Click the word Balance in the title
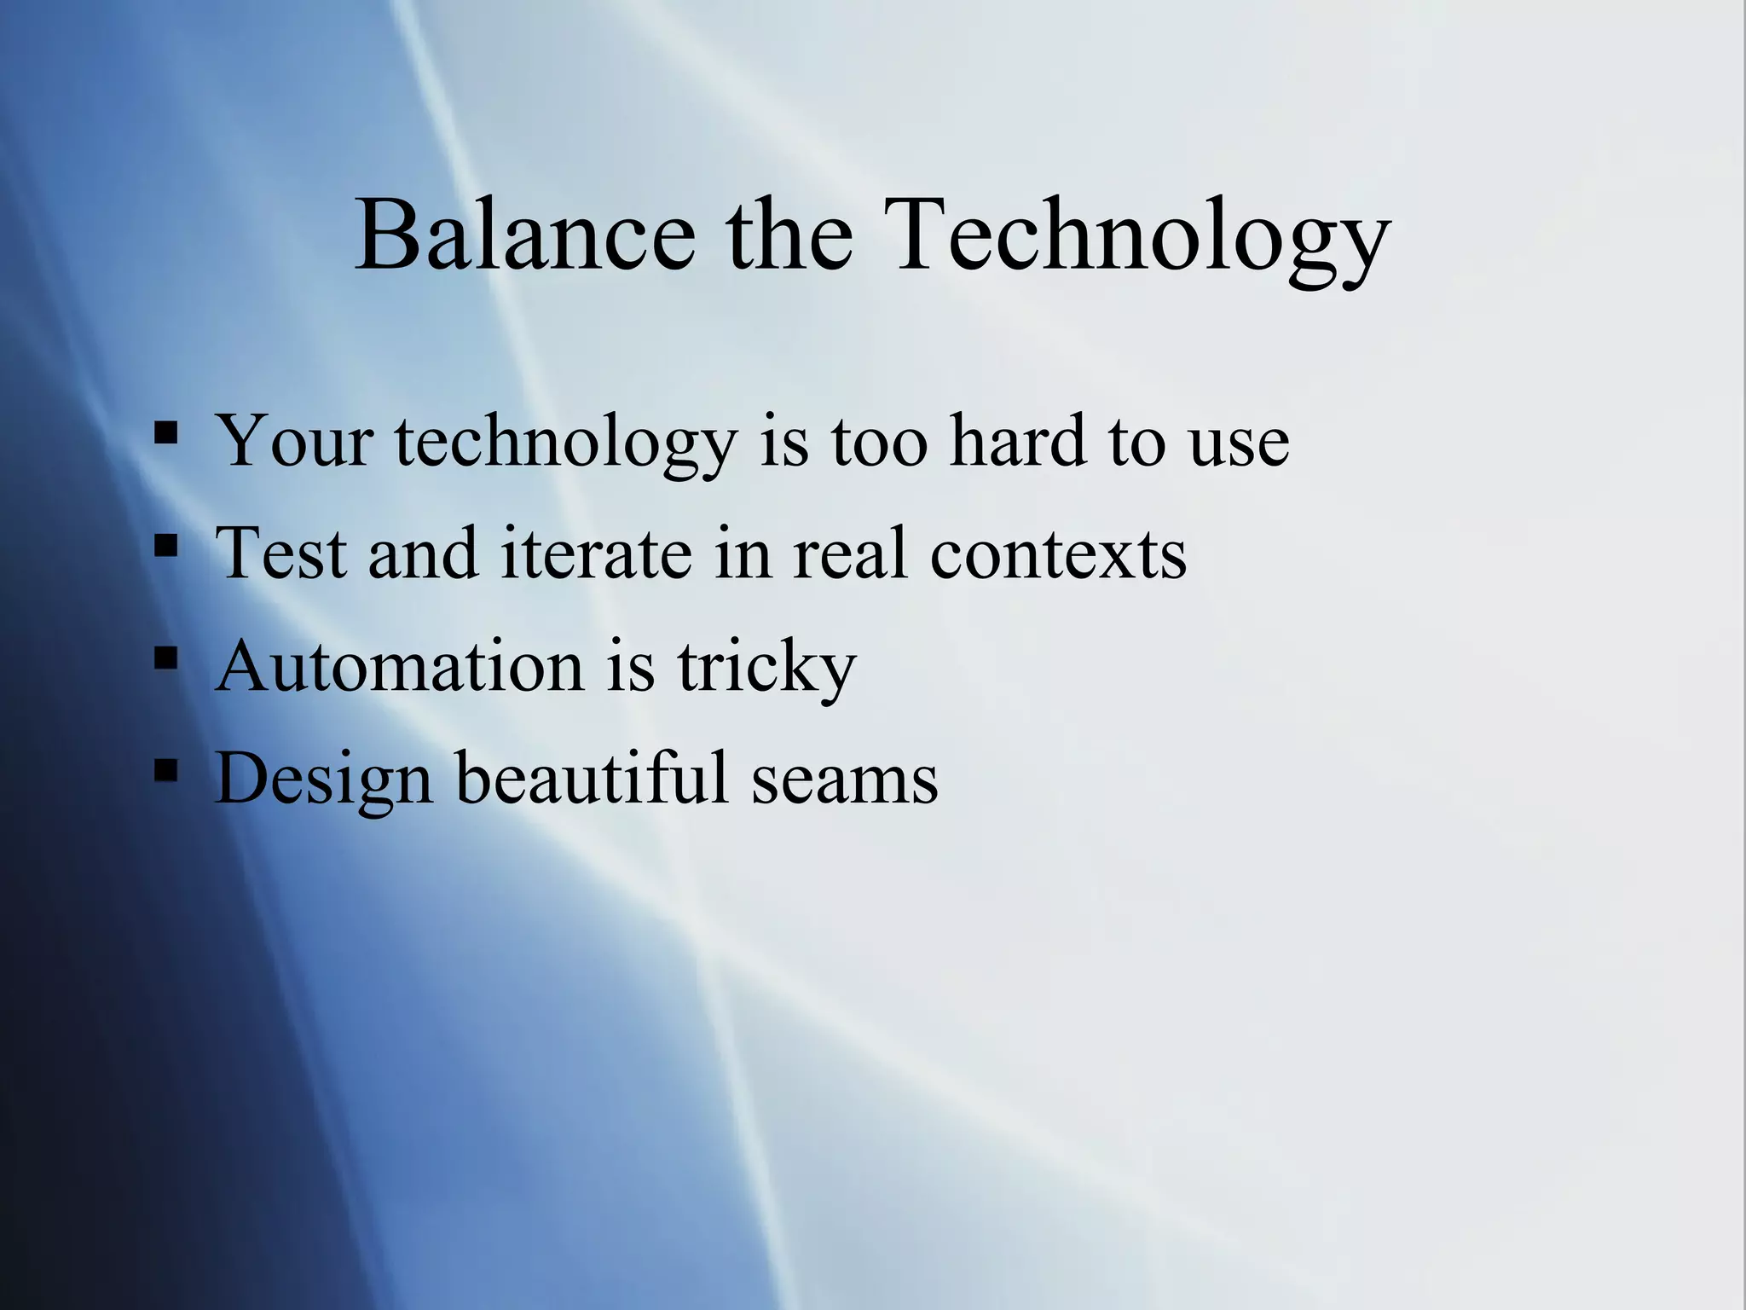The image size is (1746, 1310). (525, 235)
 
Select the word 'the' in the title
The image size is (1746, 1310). (789, 235)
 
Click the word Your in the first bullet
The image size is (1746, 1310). (294, 441)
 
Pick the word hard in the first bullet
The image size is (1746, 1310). (1018, 441)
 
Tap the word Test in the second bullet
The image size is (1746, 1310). (281, 554)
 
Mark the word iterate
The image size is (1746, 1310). (596, 554)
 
